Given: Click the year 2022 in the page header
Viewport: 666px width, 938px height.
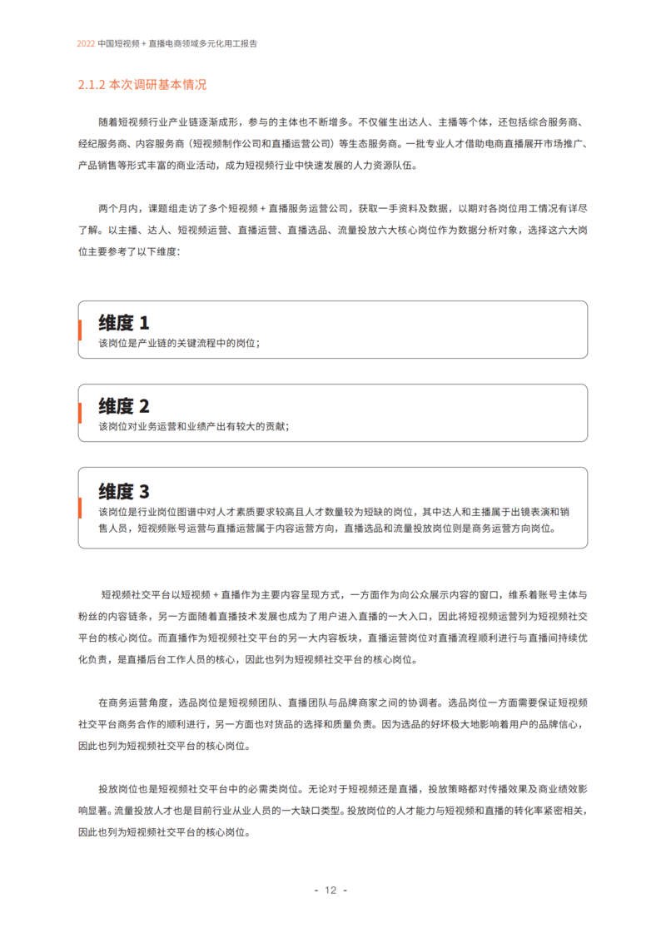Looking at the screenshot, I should pyautogui.click(x=86, y=43).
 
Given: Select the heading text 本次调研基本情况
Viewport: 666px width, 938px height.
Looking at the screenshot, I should pyautogui.click(x=157, y=85).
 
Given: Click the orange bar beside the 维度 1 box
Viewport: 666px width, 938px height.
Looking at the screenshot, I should pyautogui.click(x=79, y=330).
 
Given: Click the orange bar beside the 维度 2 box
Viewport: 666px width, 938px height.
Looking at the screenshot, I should pyautogui.click(x=79, y=413).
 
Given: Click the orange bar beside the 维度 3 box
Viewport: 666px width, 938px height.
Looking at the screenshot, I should pyautogui.click(x=79, y=507).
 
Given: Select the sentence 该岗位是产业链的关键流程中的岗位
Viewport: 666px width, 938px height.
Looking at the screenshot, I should pyautogui.click(x=177, y=343).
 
